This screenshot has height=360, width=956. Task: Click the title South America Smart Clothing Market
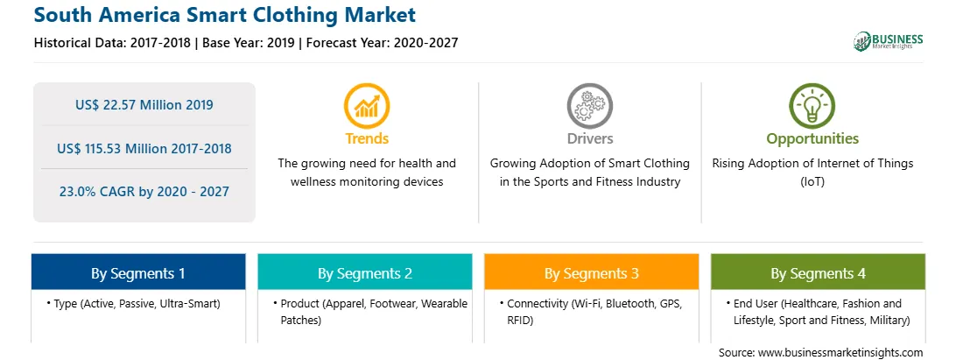pyautogui.click(x=225, y=15)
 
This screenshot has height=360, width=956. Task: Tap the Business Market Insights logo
pyautogui.click(x=888, y=41)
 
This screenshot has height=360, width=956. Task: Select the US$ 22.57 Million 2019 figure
pyautogui.click(x=144, y=105)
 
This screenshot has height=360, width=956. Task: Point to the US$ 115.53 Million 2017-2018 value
pyautogui.click(x=144, y=148)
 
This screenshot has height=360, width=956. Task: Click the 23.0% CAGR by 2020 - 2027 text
pyautogui.click(x=144, y=192)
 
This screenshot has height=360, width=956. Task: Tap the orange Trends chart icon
pyautogui.click(x=367, y=106)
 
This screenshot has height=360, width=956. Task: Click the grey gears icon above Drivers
pyautogui.click(x=589, y=106)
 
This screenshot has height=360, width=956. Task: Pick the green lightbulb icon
pyautogui.click(x=812, y=106)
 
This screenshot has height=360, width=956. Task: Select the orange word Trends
pyautogui.click(x=367, y=138)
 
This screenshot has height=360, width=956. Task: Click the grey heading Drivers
pyautogui.click(x=590, y=138)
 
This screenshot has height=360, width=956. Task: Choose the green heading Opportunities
pyautogui.click(x=812, y=139)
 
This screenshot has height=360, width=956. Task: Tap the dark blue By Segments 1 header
pyautogui.click(x=138, y=272)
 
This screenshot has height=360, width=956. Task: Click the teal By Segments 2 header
pyautogui.click(x=365, y=272)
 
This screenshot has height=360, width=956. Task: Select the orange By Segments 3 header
pyautogui.click(x=592, y=272)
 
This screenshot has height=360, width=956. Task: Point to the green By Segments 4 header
pyautogui.click(x=819, y=272)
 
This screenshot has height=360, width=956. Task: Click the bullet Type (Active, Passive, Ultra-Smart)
pyautogui.click(x=133, y=303)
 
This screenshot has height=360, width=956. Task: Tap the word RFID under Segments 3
pyautogui.click(x=520, y=321)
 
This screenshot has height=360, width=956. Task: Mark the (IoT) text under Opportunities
pyautogui.click(x=812, y=182)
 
